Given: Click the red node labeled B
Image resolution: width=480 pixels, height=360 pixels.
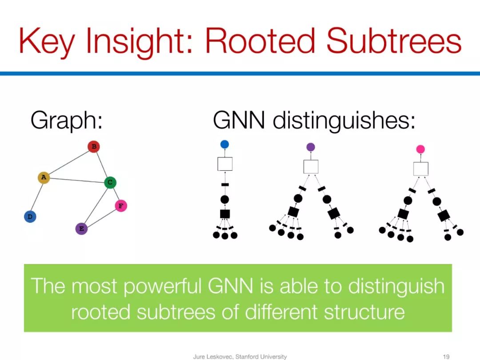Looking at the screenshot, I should point(93,146).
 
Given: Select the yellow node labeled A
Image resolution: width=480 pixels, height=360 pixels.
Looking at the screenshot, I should point(44,178).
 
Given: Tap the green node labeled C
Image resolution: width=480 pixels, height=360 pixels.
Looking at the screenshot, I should point(110,182).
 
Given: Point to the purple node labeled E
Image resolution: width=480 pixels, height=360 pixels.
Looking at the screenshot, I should point(81,229).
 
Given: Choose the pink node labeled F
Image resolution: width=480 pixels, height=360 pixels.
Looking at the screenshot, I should point(121,206).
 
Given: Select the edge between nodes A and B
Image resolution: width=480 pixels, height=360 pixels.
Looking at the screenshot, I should point(68,162).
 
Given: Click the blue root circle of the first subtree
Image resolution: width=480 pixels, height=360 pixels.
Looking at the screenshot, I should point(224,144).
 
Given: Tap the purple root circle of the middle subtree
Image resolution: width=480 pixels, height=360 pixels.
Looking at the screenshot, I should point(311,147).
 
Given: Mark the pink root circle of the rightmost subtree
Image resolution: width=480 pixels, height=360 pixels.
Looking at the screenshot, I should point(420,149).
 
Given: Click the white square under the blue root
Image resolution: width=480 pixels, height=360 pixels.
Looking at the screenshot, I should point(225,164).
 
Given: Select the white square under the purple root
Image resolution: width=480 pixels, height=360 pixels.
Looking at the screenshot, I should point(311,167).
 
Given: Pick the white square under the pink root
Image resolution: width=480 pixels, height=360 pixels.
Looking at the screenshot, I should point(420,169).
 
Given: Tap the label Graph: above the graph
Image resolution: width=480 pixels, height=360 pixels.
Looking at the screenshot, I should point(66,120).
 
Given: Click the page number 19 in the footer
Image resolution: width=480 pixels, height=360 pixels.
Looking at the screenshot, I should point(447,356).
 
